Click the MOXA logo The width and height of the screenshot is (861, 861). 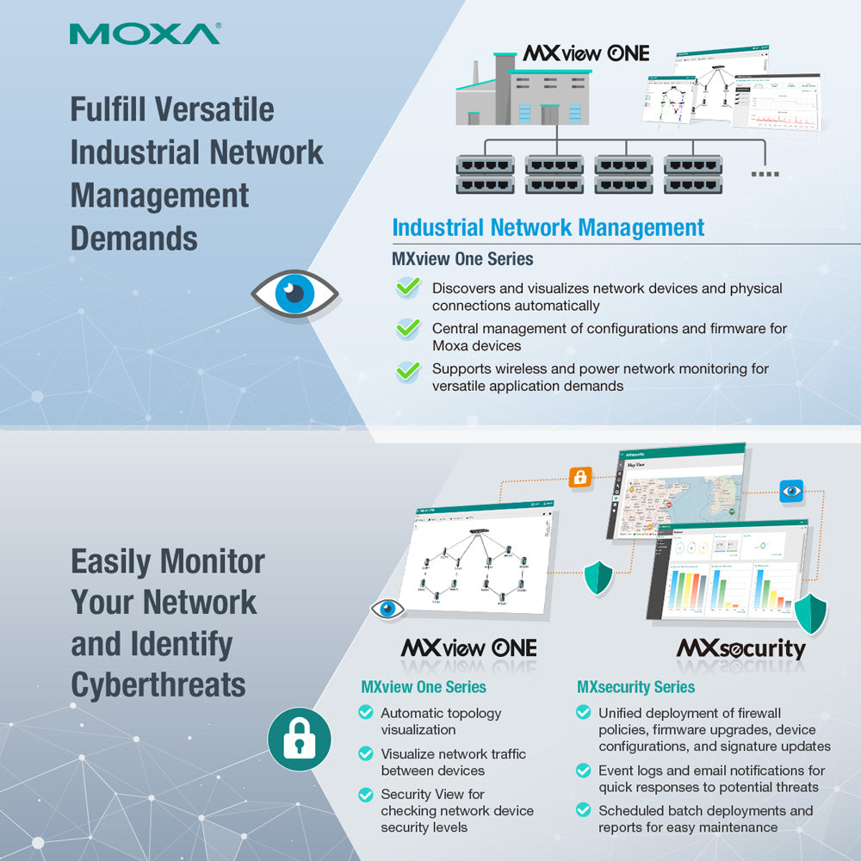pyautogui.click(x=145, y=34)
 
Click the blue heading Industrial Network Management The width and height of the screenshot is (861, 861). pyautogui.click(x=548, y=227)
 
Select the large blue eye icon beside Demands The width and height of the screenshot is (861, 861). pyautogui.click(x=294, y=294)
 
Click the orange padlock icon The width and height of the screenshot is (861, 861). pyautogui.click(x=579, y=477)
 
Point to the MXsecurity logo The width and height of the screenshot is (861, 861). pyautogui.click(x=740, y=647)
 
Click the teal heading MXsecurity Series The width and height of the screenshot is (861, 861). pyautogui.click(x=635, y=687)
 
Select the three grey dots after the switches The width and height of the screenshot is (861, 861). pyautogui.click(x=765, y=174)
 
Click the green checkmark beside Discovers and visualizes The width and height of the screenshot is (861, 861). pyautogui.click(x=408, y=288)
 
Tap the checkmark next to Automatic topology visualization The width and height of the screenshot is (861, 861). pyautogui.click(x=366, y=713)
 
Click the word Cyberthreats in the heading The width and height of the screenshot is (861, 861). pyautogui.click(x=158, y=685)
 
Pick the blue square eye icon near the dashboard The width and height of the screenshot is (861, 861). pyautogui.click(x=790, y=491)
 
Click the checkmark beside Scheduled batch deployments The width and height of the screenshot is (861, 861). pyautogui.click(x=583, y=810)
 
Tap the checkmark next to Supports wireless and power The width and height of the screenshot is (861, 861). pyautogui.click(x=408, y=370)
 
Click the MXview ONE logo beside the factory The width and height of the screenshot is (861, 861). pyautogui.click(x=585, y=53)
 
